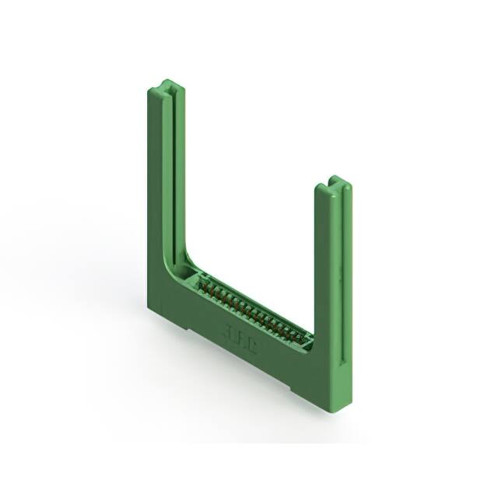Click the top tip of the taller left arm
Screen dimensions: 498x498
pyautogui.click(x=166, y=84)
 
